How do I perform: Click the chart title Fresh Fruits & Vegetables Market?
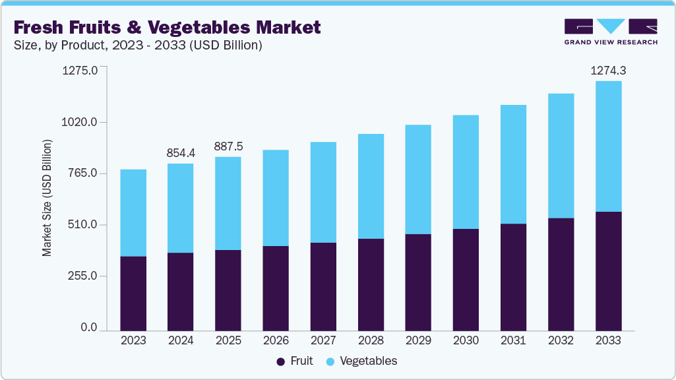click(167, 27)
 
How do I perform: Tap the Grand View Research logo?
click(610, 32)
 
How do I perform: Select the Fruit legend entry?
click(295, 361)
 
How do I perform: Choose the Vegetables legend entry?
click(362, 361)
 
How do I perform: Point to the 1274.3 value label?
click(608, 70)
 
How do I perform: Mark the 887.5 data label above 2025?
click(228, 146)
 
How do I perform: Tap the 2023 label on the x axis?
click(133, 340)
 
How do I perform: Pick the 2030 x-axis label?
click(466, 340)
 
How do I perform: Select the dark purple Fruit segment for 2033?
click(608, 270)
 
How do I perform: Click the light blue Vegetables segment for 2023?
click(133, 212)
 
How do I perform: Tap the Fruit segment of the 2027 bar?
click(323, 286)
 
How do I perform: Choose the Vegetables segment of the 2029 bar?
click(418, 179)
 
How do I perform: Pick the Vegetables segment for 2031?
click(513, 164)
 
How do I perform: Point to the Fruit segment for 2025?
click(228, 290)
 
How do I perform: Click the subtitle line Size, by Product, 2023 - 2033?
click(138, 46)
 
